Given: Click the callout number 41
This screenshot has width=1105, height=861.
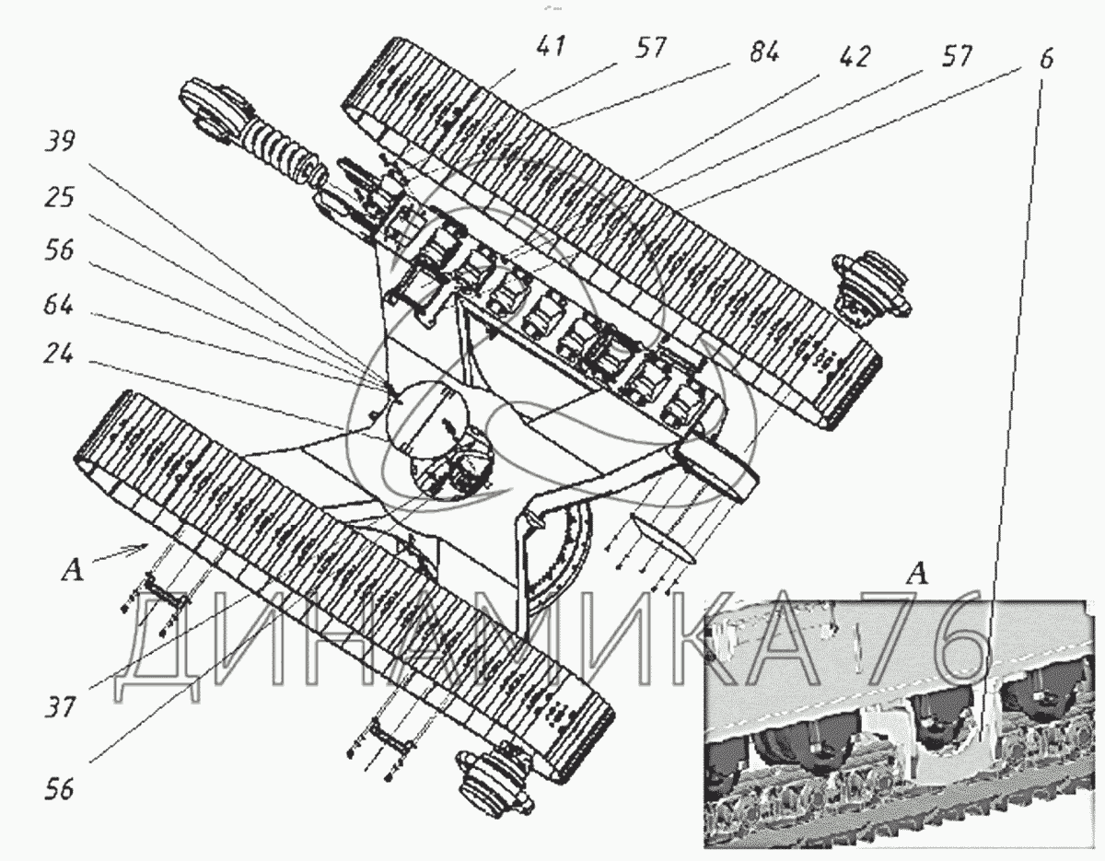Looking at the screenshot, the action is (x=551, y=47).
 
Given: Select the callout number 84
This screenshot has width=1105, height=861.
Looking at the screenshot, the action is (x=763, y=52).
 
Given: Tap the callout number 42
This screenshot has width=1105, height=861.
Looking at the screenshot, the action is (x=855, y=57).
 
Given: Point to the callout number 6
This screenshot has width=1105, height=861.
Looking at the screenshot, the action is (x=1045, y=60).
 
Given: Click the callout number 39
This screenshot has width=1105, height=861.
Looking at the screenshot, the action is (x=61, y=141).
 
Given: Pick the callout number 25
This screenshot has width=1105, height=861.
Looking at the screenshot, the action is (x=59, y=197).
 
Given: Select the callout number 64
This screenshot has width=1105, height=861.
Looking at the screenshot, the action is (x=59, y=306).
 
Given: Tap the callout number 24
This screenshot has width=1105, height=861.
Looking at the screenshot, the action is (x=59, y=354).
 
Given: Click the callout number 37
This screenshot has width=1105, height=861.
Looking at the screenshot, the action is (x=60, y=706).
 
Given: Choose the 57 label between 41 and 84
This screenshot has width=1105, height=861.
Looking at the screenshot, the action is (x=650, y=49).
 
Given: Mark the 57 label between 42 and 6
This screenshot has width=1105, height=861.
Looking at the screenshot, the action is (x=957, y=56).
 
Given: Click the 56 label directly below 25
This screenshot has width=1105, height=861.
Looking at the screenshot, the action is (x=59, y=250).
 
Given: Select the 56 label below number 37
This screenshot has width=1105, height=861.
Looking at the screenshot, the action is (x=60, y=790).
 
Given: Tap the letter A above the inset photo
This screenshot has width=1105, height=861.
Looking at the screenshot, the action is (x=917, y=575).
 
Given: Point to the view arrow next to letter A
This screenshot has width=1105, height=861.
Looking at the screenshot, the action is (x=121, y=553).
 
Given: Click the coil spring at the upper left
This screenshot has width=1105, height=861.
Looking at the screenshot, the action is (x=279, y=154).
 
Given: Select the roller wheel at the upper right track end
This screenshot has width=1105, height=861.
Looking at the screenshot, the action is (x=870, y=285).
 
